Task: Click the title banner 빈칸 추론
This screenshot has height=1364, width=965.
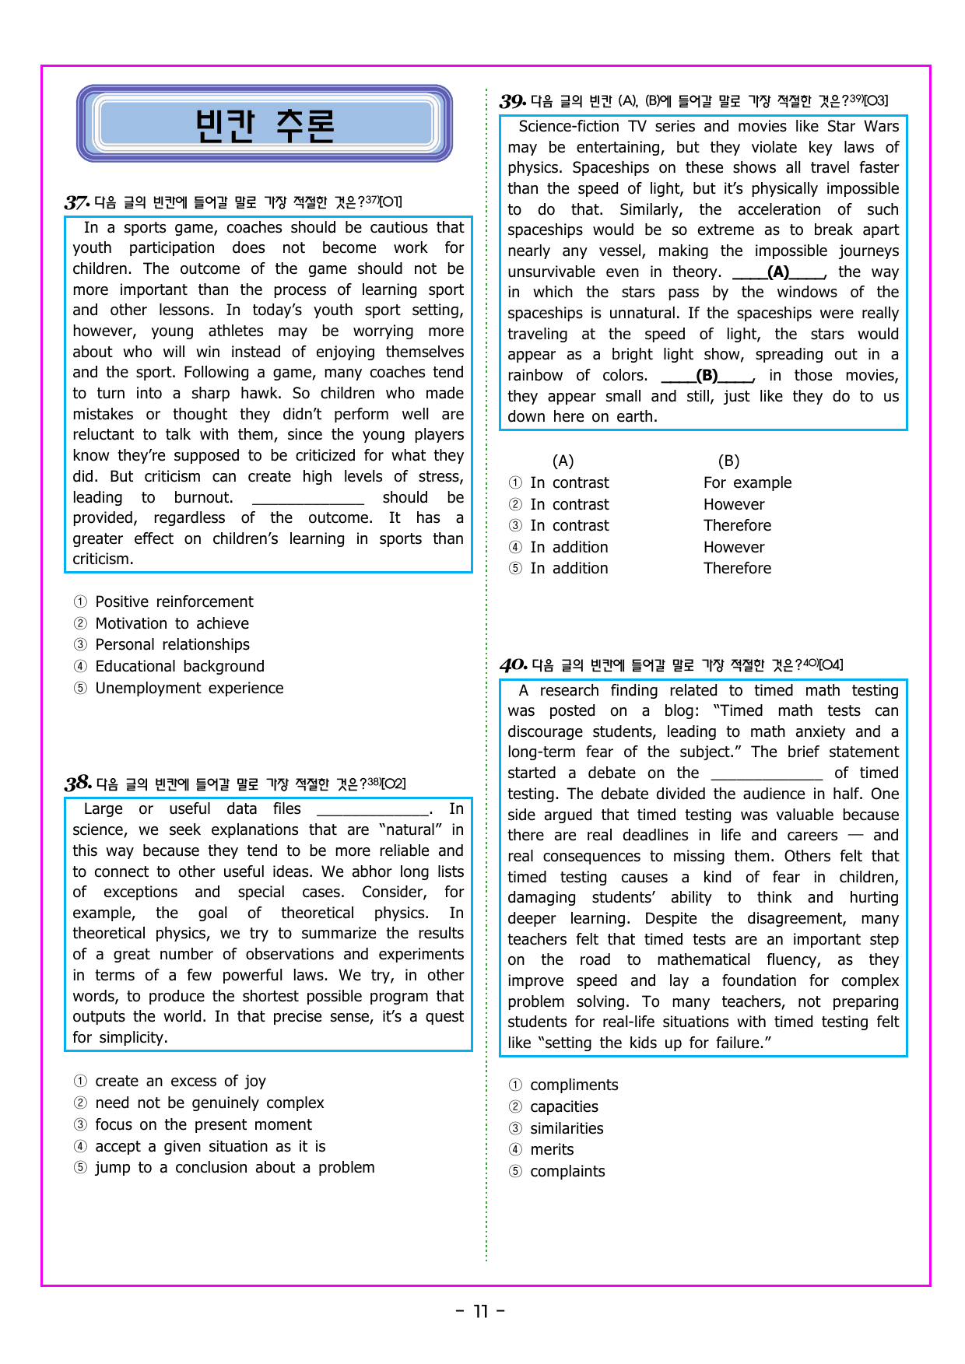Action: (265, 124)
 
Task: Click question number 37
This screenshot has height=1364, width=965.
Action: (76, 202)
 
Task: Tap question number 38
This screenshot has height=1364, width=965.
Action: (78, 784)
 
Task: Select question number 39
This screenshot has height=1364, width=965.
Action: (513, 101)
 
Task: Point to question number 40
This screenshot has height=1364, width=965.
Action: (513, 665)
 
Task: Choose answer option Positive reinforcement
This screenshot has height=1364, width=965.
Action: (174, 601)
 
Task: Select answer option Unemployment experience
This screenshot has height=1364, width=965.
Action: (189, 688)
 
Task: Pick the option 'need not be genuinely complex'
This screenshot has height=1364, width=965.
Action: (209, 1103)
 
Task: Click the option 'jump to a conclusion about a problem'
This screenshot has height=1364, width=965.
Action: (234, 1167)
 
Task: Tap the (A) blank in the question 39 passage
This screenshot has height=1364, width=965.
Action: (778, 272)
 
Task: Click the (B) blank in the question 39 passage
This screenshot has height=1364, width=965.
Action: (707, 376)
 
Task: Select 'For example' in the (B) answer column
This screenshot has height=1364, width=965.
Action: (747, 482)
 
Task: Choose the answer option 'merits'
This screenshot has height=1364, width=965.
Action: (552, 1149)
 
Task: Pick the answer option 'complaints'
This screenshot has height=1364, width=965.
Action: (567, 1171)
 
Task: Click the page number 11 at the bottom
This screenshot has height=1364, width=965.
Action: (481, 1311)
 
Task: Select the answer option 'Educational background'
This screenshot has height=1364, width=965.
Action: (180, 666)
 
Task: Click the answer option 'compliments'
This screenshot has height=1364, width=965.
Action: (574, 1085)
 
